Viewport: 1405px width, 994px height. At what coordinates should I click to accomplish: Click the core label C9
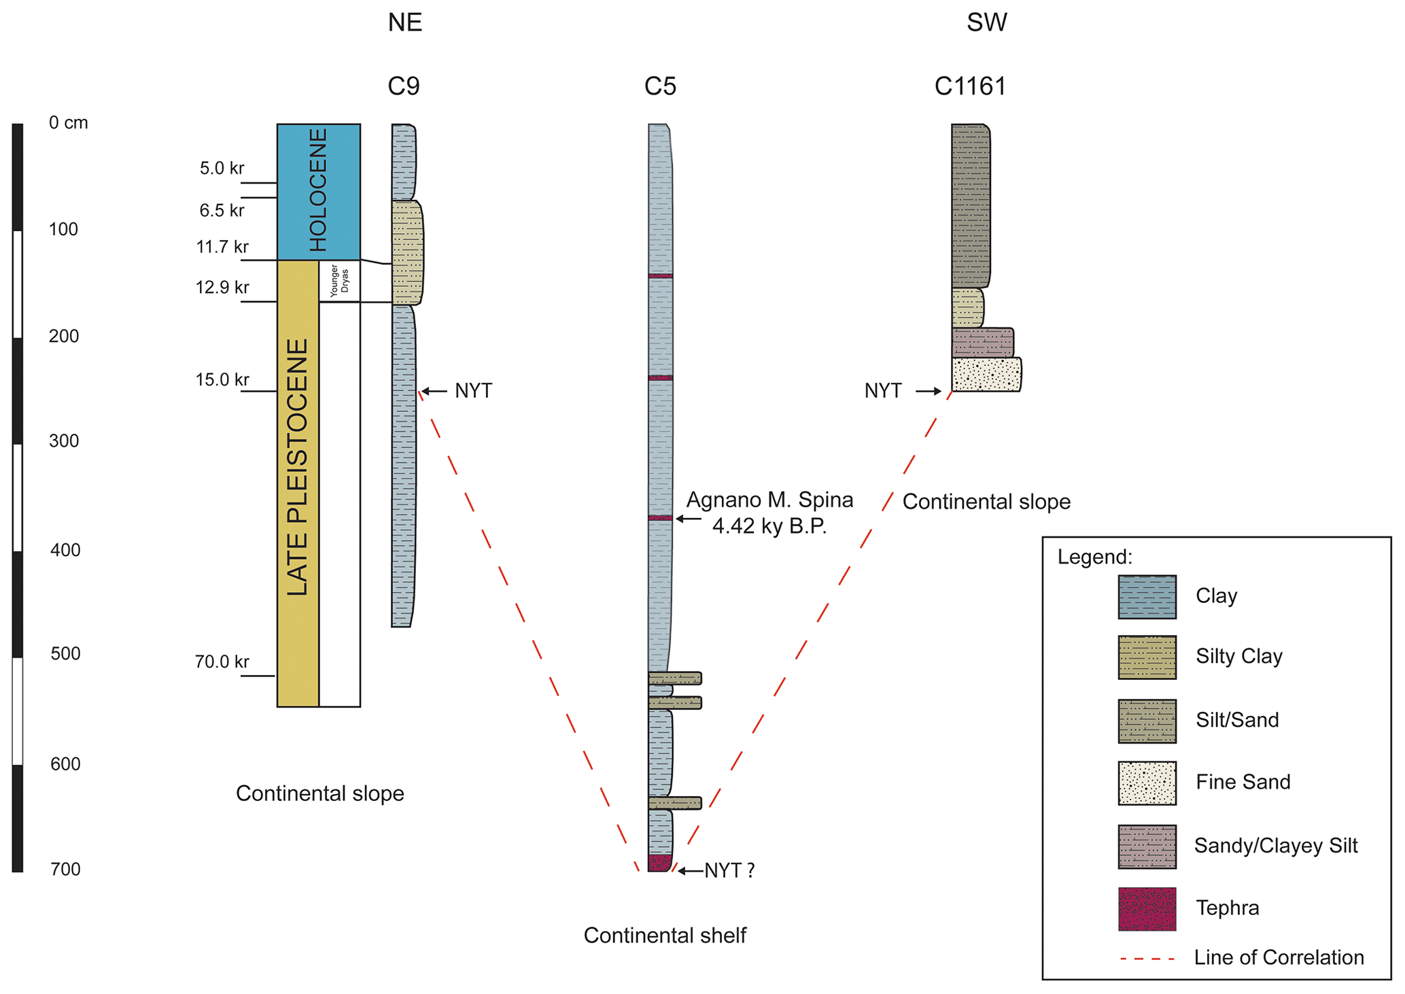point(404,86)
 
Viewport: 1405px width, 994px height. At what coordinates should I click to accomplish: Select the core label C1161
point(970,86)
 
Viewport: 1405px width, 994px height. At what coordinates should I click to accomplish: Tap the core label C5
point(660,86)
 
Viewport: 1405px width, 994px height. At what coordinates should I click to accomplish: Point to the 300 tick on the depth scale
point(64,441)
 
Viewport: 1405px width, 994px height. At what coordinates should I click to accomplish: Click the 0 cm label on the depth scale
point(68,123)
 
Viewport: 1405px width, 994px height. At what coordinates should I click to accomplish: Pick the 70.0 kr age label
point(222,662)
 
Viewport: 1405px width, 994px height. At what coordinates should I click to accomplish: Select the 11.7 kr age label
point(222,247)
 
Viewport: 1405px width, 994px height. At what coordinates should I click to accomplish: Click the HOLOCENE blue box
point(318,191)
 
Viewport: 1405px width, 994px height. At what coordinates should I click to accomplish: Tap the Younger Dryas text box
point(339,281)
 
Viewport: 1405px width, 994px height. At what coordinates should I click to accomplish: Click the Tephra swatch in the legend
point(1147,908)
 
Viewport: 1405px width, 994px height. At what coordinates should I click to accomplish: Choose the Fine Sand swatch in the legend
point(1147,783)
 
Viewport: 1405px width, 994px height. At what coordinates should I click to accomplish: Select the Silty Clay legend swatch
point(1147,657)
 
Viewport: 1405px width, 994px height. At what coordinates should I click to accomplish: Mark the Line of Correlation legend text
point(1279,957)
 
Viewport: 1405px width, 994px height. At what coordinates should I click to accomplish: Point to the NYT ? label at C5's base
point(729,870)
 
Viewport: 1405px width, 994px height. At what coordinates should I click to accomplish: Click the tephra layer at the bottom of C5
point(659,863)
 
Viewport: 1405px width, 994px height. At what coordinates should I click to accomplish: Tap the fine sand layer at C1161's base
point(986,374)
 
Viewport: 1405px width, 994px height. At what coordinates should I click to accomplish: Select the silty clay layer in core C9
point(407,252)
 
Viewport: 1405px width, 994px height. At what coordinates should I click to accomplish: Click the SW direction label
point(986,22)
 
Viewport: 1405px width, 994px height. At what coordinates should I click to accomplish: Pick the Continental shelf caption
point(665,936)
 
